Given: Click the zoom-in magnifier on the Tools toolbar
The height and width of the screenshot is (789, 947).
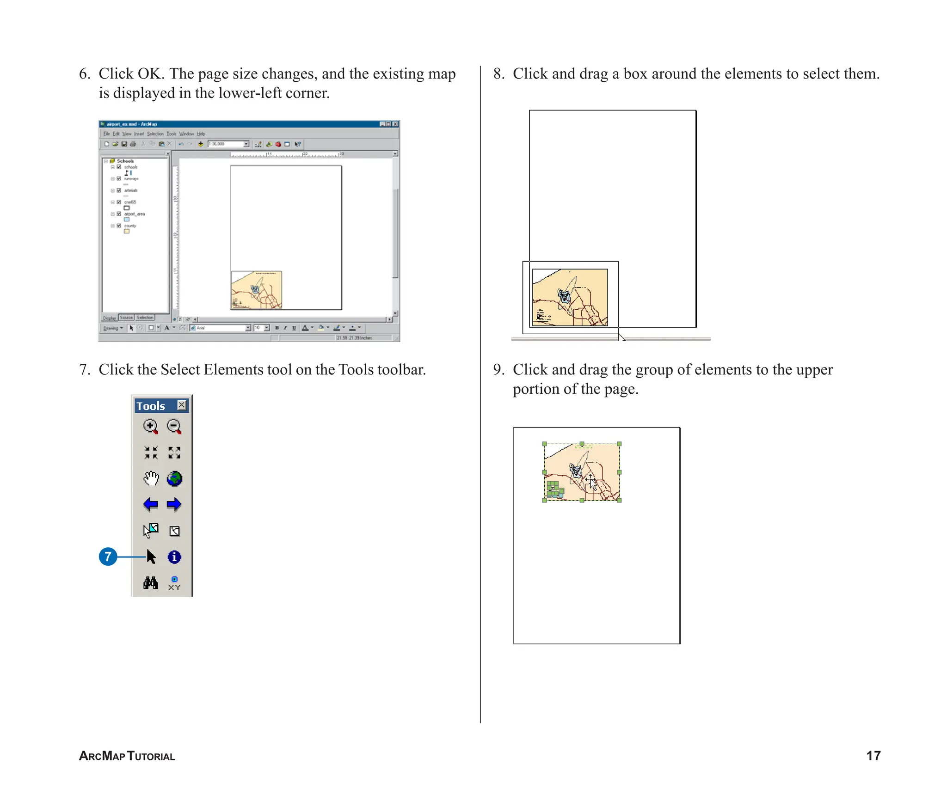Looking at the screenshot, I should click(150, 426).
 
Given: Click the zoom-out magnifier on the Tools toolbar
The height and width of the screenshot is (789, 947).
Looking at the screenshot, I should click(174, 426).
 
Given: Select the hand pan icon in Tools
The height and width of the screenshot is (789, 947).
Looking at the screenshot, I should click(151, 478).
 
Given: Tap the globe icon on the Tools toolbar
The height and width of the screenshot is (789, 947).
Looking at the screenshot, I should click(174, 478).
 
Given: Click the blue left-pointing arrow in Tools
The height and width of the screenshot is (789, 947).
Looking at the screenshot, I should click(151, 504).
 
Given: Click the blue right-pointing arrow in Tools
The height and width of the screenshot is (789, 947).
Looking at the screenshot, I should click(174, 504).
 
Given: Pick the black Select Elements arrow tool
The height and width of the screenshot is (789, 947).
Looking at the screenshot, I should click(151, 557).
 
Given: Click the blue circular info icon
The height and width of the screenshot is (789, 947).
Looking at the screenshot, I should click(174, 557).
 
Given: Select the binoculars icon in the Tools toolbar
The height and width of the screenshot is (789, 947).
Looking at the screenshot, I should click(151, 583).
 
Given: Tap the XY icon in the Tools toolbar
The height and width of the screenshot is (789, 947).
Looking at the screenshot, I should click(174, 583).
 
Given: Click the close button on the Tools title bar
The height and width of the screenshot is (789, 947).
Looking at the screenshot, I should click(182, 405).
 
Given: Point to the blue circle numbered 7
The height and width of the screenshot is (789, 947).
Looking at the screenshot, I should click(108, 557).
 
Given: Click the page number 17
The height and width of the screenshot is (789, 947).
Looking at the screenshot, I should click(873, 755).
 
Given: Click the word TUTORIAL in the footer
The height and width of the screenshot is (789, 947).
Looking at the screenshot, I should click(151, 756).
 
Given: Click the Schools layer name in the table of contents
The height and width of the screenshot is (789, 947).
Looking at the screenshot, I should click(125, 161).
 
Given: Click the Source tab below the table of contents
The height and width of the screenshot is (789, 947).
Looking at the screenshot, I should click(126, 318).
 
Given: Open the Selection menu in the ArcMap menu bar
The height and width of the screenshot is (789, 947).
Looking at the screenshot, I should click(155, 134).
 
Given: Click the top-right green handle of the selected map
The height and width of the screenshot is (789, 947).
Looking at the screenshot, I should click(619, 444).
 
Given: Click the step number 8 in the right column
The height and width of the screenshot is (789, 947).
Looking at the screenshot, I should click(498, 74).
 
